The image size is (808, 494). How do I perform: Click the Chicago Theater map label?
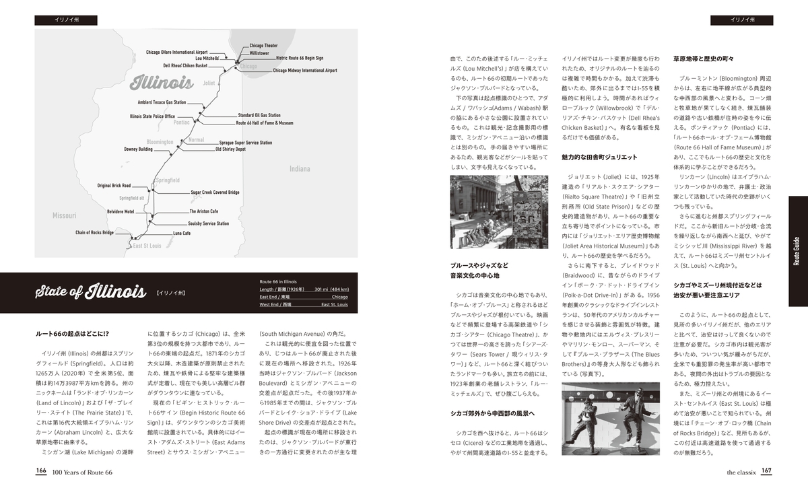click(x=263, y=46)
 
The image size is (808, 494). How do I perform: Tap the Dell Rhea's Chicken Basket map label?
click(x=184, y=66)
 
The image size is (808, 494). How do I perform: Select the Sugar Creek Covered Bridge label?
click(x=215, y=192)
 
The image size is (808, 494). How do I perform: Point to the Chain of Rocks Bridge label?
click(x=94, y=232)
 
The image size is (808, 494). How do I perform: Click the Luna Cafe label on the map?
click(x=182, y=233)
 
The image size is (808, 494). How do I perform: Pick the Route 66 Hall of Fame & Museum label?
click(x=264, y=123)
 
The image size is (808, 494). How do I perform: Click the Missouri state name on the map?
click(x=64, y=215)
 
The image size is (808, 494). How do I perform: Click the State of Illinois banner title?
click(x=91, y=292)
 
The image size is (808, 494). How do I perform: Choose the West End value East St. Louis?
click(x=334, y=305)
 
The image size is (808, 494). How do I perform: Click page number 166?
click(x=41, y=472)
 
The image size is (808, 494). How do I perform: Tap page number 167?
click(x=766, y=472)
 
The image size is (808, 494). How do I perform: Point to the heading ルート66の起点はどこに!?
click(x=72, y=334)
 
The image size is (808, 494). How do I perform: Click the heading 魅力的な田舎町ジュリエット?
click(x=599, y=157)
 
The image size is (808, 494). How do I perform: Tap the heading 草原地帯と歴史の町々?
click(x=703, y=59)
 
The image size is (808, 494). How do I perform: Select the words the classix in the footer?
click(x=741, y=472)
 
